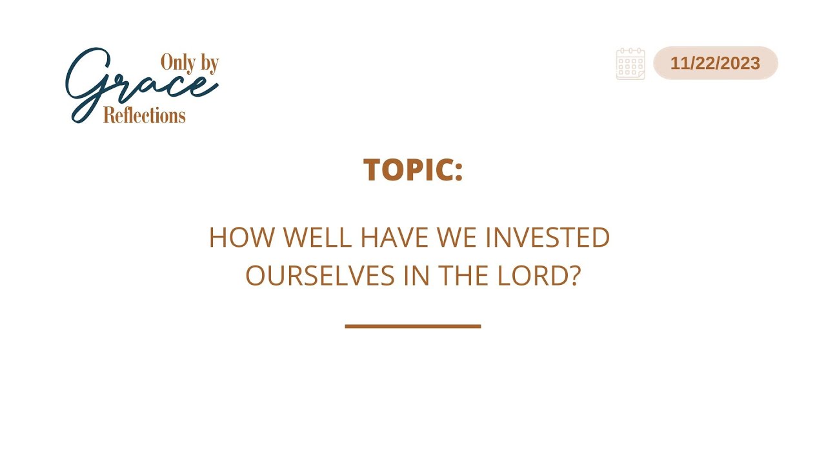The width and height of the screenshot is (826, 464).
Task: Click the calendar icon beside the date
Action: [x=630, y=64]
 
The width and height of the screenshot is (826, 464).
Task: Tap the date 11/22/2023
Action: [x=715, y=63]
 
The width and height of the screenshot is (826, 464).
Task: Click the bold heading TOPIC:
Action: [x=413, y=169]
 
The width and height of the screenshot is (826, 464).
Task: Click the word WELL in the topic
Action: [x=317, y=238]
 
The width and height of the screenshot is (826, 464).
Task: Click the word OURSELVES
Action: [x=320, y=276]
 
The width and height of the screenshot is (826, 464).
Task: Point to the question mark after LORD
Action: [x=576, y=276]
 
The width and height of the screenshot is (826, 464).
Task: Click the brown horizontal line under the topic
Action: [x=413, y=326]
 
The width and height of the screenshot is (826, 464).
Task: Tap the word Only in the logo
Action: [x=177, y=63]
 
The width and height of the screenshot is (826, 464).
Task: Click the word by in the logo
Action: [x=210, y=63]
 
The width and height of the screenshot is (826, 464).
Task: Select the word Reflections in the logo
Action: [x=144, y=115]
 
